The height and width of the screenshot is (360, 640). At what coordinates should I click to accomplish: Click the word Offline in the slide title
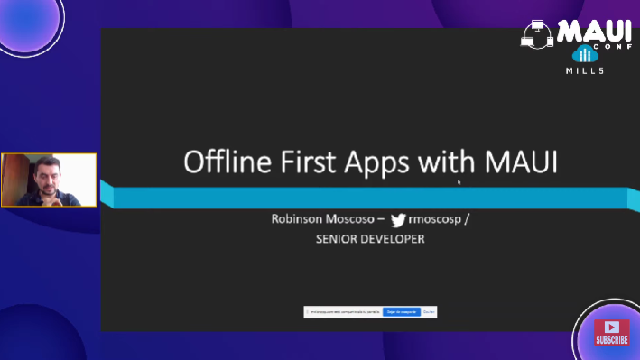221,162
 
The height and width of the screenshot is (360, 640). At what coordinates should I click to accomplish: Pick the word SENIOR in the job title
337,239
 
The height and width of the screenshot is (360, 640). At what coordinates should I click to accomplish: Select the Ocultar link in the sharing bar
430,311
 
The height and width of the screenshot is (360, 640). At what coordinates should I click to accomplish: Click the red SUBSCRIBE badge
611,340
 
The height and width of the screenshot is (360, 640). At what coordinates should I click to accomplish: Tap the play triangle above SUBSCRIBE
611,327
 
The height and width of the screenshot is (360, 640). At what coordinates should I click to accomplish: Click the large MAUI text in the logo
592,32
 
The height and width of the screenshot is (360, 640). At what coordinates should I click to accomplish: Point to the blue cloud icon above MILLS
585,54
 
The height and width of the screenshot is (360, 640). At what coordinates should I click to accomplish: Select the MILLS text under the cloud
585,70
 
